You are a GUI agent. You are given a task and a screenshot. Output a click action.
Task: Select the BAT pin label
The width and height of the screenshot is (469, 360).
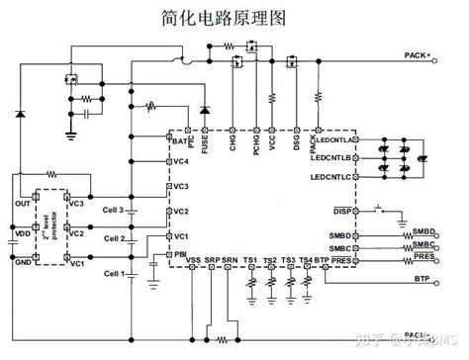click(179, 143)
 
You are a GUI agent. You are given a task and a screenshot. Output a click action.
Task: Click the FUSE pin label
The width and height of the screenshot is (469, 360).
click(206, 145)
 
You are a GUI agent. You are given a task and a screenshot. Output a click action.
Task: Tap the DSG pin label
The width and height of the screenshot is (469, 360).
click(295, 145)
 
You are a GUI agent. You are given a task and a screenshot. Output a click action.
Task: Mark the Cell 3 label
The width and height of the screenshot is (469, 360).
click(114, 210)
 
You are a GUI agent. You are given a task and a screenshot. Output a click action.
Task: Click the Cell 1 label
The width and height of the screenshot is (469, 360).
click(114, 273)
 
